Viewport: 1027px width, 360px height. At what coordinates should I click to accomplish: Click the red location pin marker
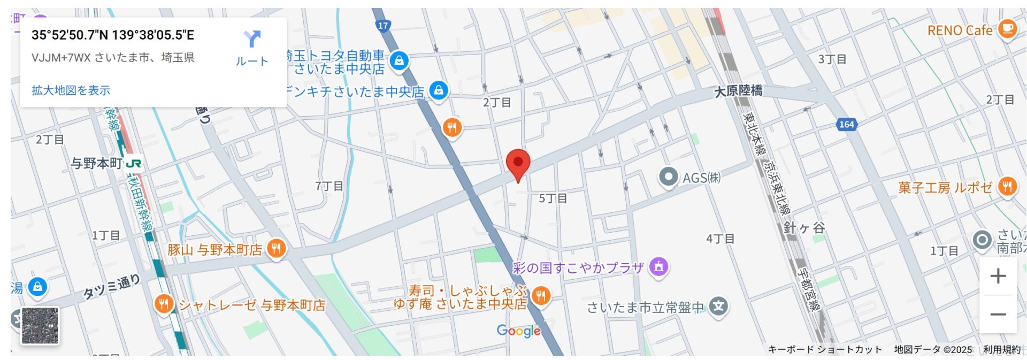pos(518,163)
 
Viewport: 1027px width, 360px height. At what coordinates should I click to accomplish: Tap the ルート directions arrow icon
pos(252,39)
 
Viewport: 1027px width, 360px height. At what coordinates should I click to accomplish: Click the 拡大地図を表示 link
pos(71,90)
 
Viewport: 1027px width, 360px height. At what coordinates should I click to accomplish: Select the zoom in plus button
pos(998,276)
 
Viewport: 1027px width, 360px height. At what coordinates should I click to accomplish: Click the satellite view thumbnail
pos(40,325)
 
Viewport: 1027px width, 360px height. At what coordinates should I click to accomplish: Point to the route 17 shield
pos(383,25)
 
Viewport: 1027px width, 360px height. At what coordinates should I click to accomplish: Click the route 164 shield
pos(846,125)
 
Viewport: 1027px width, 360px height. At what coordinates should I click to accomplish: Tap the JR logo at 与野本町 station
pos(133,163)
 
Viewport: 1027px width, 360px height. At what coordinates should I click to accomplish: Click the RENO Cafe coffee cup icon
pos(1007,28)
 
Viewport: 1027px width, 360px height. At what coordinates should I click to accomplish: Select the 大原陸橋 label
pos(738,91)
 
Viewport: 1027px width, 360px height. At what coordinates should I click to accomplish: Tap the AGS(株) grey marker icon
pos(668,177)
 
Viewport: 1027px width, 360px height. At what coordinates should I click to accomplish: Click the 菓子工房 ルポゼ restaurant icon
pos(1007,187)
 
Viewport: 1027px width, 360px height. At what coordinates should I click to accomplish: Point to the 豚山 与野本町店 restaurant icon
pos(276,249)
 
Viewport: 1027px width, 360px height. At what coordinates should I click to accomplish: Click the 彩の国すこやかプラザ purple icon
pos(658,266)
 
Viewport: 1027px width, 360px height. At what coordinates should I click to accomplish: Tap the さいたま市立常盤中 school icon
pos(719,307)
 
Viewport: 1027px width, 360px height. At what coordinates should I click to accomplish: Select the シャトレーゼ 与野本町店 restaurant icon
pos(164,304)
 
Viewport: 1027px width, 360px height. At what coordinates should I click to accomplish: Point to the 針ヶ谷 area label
pos(804,228)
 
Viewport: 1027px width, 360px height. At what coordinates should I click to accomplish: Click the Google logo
pos(518,331)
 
